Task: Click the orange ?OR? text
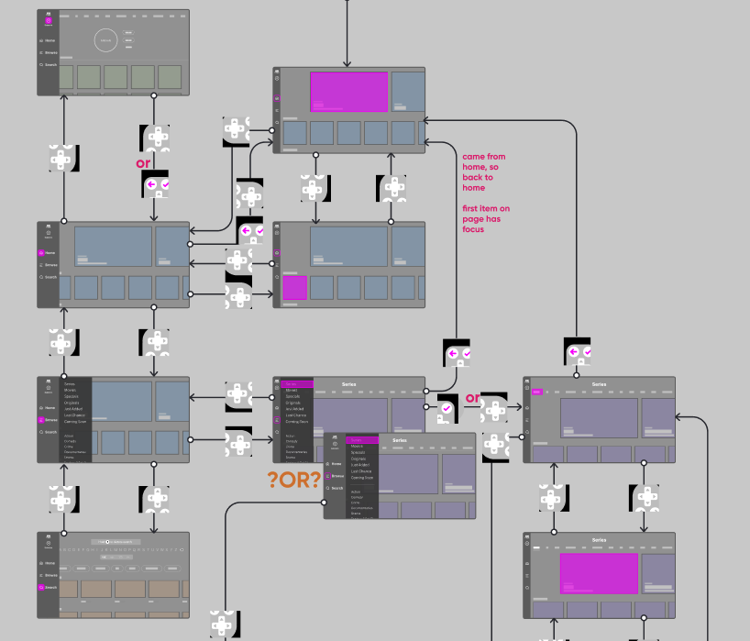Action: (294, 479)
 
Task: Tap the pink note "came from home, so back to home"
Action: (484, 172)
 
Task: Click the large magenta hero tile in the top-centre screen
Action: (349, 92)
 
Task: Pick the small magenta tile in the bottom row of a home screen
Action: (295, 288)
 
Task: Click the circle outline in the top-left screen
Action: (105, 39)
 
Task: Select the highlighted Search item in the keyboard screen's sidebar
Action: (50, 587)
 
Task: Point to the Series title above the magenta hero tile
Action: (599, 540)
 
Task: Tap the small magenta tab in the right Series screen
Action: (537, 392)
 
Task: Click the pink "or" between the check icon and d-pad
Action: (143, 164)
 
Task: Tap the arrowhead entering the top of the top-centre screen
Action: (347, 62)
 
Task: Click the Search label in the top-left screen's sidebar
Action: (50, 65)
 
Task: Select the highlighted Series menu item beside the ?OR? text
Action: (361, 440)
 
